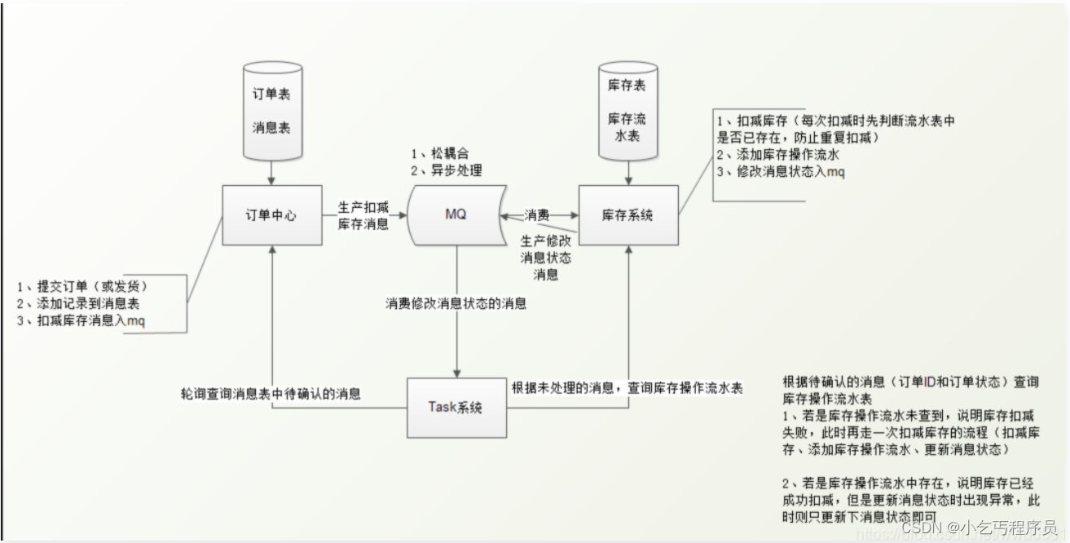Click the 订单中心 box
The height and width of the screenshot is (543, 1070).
271,216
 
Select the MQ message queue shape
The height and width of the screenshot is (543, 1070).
456,215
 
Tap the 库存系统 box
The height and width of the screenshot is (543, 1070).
627,216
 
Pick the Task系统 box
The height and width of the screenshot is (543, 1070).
456,406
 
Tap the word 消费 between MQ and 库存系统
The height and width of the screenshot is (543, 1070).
536,215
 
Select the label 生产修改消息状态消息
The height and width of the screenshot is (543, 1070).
545,258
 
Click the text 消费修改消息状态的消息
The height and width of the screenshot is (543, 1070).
456,304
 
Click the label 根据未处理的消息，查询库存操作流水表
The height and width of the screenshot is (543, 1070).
627,388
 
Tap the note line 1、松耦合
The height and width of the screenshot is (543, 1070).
440,154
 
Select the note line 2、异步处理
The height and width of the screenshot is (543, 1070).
446,170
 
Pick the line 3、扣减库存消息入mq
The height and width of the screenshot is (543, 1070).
81,320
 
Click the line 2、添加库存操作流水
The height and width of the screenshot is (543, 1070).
777,154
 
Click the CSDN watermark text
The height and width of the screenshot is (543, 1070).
978,528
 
